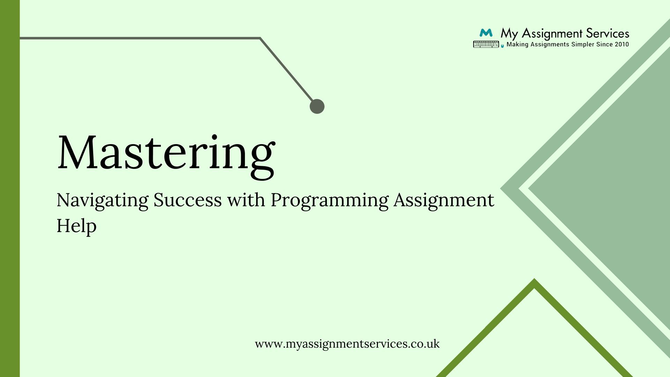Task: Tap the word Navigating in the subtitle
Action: (x=103, y=201)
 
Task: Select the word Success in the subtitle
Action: (x=188, y=200)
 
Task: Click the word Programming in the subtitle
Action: (x=329, y=201)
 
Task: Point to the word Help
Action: (x=76, y=226)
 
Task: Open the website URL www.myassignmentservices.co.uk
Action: (x=347, y=344)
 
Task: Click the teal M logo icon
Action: (x=486, y=33)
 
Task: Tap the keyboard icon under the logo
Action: (x=486, y=44)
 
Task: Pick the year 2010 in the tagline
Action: (x=622, y=44)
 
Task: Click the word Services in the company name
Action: (x=608, y=34)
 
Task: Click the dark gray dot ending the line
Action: (x=317, y=106)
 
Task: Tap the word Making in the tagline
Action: (x=518, y=45)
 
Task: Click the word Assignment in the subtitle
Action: (x=444, y=201)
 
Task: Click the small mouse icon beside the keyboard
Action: (x=502, y=45)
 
